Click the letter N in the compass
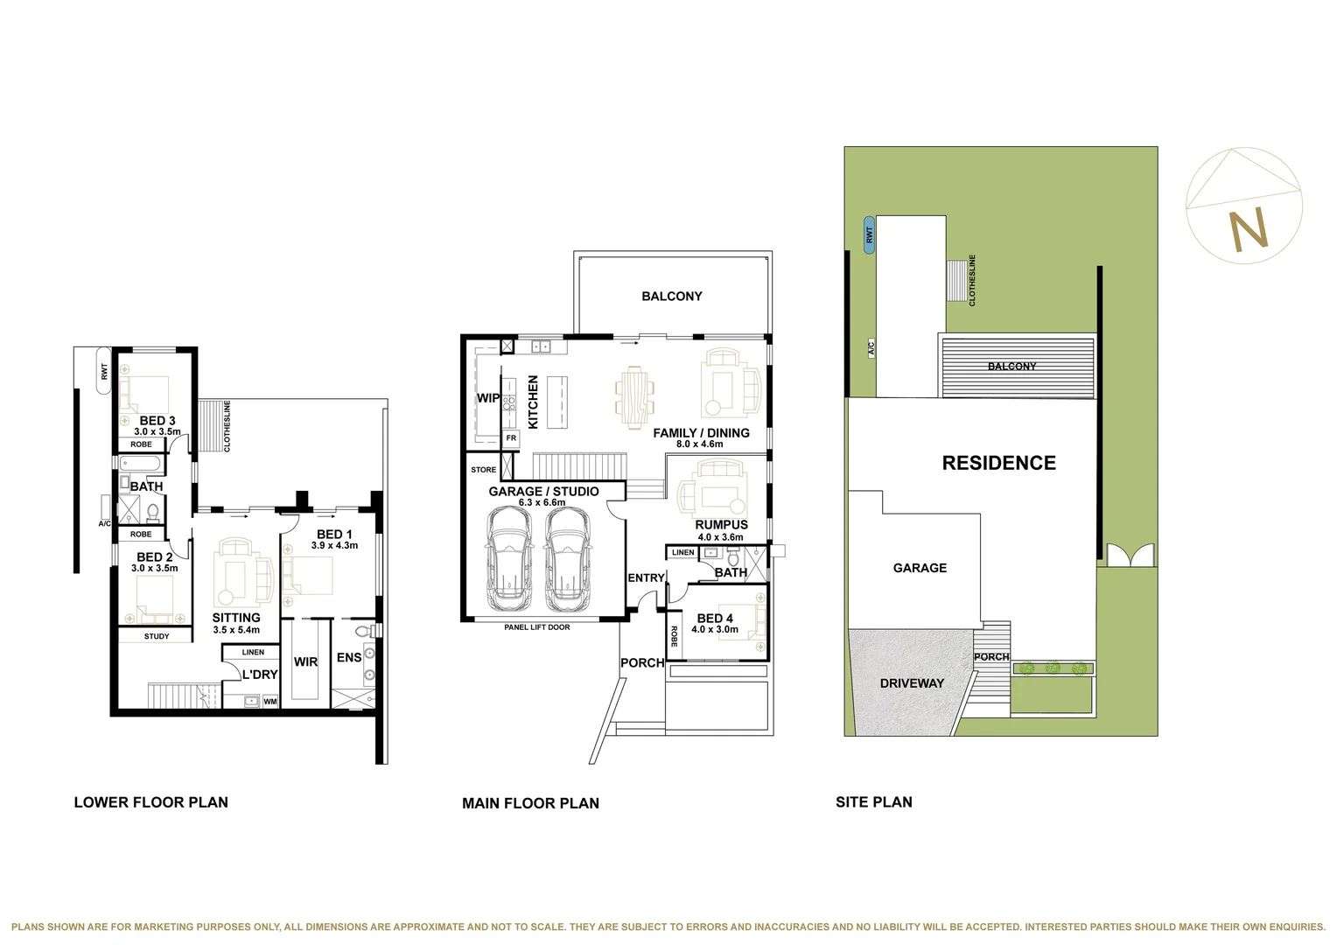pyautogui.click(x=1249, y=229)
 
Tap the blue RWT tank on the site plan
pyautogui.click(x=869, y=234)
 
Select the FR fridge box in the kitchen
pyautogui.click(x=511, y=438)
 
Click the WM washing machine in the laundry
pyautogui.click(x=270, y=702)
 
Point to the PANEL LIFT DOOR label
pyautogui.click(x=537, y=627)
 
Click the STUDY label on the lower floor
pyautogui.click(x=157, y=636)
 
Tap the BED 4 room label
pyautogui.click(x=715, y=619)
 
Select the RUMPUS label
pyautogui.click(x=722, y=525)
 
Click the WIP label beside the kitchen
pyautogui.click(x=487, y=398)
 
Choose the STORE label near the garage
pyautogui.click(x=484, y=470)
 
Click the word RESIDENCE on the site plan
pyautogui.click(x=999, y=463)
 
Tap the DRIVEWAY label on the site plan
pyautogui.click(x=912, y=682)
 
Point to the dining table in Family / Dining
pyautogui.click(x=634, y=396)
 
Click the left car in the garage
pyautogui.click(x=509, y=559)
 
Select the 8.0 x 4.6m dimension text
pyautogui.click(x=699, y=444)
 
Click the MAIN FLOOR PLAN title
pyautogui.click(x=530, y=803)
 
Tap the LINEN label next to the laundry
pyautogui.click(x=253, y=653)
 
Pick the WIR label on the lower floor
pyautogui.click(x=305, y=661)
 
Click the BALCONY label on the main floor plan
pyautogui.click(x=672, y=296)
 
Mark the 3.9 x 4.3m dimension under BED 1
pyautogui.click(x=334, y=545)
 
